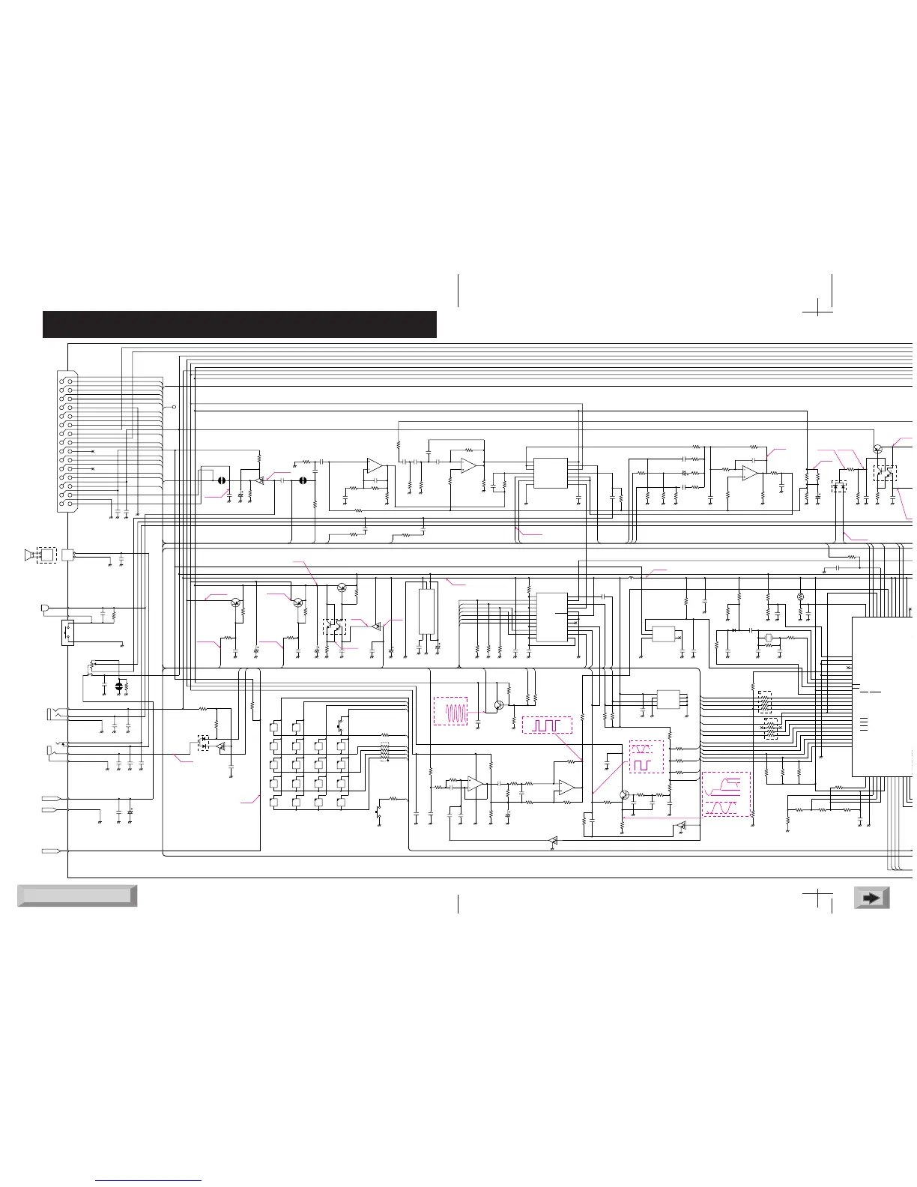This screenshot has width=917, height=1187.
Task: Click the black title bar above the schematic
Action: [x=240, y=324]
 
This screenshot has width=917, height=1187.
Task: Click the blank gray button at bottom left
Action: [x=76, y=895]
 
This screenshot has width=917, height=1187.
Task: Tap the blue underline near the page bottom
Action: [x=149, y=1181]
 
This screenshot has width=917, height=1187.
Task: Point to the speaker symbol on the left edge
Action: [x=29, y=555]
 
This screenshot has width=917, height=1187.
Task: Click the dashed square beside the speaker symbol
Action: [x=46, y=555]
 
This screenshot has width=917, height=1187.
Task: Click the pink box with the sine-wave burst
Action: [x=450, y=710]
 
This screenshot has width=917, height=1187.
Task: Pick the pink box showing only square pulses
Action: [x=547, y=725]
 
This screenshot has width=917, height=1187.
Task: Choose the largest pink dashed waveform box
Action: [x=726, y=794]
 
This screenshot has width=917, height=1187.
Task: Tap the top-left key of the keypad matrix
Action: [x=276, y=727]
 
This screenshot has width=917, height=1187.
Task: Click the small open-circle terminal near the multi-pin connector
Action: [x=175, y=407]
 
